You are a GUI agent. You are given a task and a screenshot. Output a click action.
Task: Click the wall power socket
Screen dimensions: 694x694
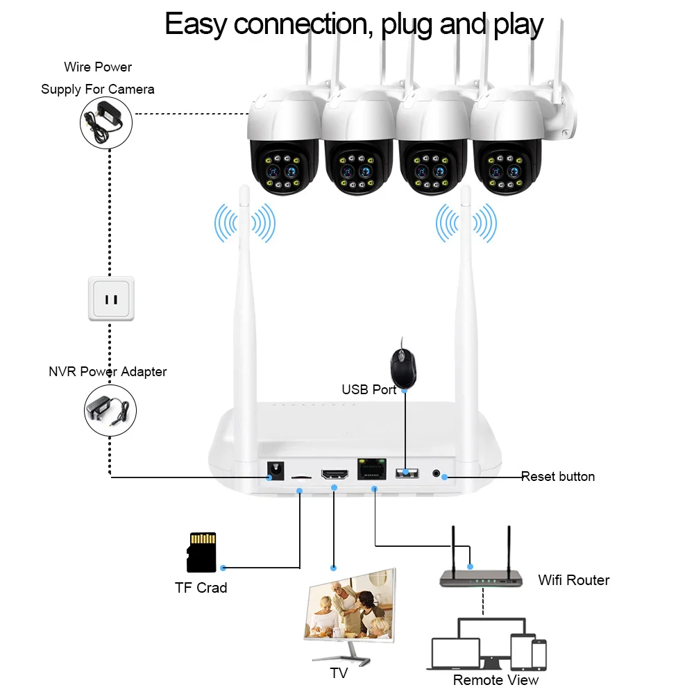coord(111,299)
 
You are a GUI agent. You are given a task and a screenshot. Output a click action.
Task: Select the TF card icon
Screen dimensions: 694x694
coord(202,552)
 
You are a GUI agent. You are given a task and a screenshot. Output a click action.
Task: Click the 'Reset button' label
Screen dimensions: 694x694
coord(557,477)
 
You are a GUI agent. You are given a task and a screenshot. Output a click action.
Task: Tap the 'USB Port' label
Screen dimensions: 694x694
coord(369,390)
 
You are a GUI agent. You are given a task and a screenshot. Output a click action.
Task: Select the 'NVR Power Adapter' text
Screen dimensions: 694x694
coord(108,372)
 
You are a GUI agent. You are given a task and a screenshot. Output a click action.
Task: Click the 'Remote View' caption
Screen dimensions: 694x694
coord(496,680)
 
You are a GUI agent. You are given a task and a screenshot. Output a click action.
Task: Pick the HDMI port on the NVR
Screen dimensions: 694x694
coord(334,475)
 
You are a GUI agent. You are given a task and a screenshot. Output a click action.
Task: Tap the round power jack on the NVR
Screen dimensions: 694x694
coord(277,472)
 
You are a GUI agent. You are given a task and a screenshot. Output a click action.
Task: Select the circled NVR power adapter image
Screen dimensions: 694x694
coord(110,411)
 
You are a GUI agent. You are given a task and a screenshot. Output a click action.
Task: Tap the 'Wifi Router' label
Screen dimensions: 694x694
coord(573,580)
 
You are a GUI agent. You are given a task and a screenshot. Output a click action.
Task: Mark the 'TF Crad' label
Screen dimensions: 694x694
coord(201,588)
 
